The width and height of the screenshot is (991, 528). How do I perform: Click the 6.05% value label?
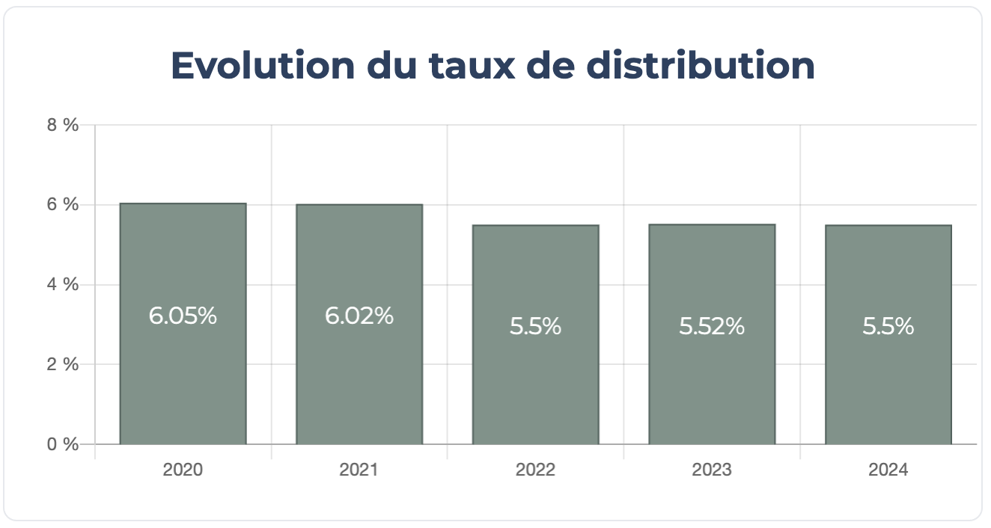(x=183, y=316)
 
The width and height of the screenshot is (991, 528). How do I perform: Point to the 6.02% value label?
(x=359, y=316)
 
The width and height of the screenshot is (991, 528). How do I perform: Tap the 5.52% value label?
(x=712, y=327)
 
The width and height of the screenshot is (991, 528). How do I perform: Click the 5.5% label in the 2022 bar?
(x=535, y=327)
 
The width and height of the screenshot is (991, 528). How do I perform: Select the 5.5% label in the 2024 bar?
(x=888, y=327)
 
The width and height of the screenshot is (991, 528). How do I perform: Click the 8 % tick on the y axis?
(x=63, y=125)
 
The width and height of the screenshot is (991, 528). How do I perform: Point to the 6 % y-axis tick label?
(x=63, y=205)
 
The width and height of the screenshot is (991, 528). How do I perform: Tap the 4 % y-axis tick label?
(x=63, y=285)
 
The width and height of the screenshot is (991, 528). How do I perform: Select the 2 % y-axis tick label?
(x=63, y=365)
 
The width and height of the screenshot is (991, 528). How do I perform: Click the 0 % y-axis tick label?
(x=63, y=444)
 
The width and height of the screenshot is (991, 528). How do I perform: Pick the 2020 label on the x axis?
(x=183, y=470)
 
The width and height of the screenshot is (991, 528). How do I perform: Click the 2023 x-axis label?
(x=712, y=470)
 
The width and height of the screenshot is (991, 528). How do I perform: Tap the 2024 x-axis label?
(x=888, y=470)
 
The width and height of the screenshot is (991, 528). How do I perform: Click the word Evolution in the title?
(x=262, y=66)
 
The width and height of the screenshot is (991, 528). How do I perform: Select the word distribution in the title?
(x=700, y=66)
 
